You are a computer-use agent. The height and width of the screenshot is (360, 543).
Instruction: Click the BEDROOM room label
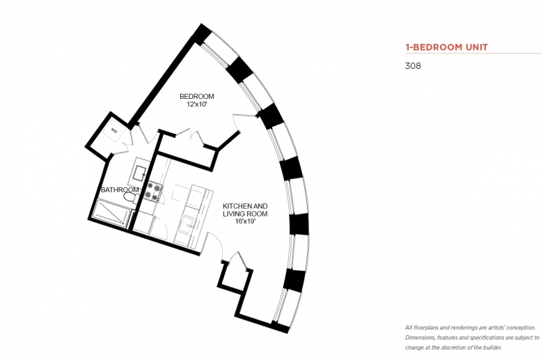click(x=196, y=96)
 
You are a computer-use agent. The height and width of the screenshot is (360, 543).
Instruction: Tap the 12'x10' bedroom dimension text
click(x=196, y=104)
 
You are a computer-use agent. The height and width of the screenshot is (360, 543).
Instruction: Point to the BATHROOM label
click(x=120, y=190)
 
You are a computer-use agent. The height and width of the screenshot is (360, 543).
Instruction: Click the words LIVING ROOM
click(x=245, y=214)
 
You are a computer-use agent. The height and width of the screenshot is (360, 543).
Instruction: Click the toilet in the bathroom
click(x=131, y=198)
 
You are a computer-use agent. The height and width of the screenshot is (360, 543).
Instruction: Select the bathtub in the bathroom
click(x=111, y=212)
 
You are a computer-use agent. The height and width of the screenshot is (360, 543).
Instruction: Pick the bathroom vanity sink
click(x=140, y=172)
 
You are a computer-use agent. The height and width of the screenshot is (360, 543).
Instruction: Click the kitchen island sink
click(x=187, y=225)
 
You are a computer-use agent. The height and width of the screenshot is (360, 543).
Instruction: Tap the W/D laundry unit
click(x=113, y=131)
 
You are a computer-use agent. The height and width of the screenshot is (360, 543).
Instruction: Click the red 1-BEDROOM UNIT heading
click(x=446, y=47)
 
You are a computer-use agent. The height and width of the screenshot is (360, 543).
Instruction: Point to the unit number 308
click(x=413, y=66)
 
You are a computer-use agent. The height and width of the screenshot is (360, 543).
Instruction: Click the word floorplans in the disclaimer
click(x=425, y=327)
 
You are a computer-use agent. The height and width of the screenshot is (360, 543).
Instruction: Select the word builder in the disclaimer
click(x=491, y=347)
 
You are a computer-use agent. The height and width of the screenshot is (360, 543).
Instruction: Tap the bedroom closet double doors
click(x=189, y=137)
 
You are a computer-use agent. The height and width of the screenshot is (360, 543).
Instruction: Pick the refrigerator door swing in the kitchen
click(x=160, y=226)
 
